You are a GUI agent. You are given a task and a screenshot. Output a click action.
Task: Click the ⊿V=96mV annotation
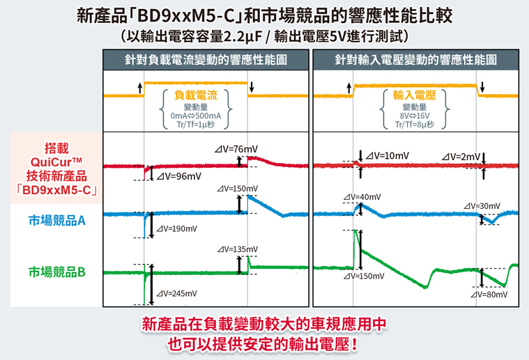[179, 176]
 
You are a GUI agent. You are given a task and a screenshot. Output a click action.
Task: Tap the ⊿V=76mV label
[236, 149]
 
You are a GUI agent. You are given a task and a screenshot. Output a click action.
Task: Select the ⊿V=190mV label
[177, 229]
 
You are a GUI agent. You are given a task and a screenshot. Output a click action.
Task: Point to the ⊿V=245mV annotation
[176, 294]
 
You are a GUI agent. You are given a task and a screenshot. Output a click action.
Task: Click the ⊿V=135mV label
[238, 249]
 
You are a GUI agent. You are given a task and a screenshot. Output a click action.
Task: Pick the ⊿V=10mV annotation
[388, 156]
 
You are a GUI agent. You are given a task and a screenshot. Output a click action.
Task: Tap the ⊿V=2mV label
[461, 157]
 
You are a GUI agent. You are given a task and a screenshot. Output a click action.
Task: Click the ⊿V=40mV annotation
[362, 197]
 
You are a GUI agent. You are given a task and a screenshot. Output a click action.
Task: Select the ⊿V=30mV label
[482, 206]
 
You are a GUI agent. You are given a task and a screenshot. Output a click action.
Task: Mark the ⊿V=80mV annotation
[489, 295]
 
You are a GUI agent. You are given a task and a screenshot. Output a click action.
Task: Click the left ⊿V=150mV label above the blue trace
[238, 189]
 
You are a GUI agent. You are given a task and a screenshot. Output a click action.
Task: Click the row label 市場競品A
[57, 221]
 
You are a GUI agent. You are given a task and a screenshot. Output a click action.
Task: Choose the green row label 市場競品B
[57, 272]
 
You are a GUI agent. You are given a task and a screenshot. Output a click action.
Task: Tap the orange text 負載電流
[196, 95]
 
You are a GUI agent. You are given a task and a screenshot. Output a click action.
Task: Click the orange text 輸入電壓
[414, 95]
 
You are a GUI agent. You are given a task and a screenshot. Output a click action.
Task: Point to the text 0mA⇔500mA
[196, 116]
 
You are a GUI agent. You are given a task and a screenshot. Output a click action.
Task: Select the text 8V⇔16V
[414, 116]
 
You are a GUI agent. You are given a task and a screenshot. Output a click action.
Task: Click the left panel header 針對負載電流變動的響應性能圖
[206, 60]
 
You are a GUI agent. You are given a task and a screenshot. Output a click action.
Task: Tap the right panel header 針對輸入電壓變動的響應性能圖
[415, 60]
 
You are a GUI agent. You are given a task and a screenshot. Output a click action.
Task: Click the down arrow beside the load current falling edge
[252, 87]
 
